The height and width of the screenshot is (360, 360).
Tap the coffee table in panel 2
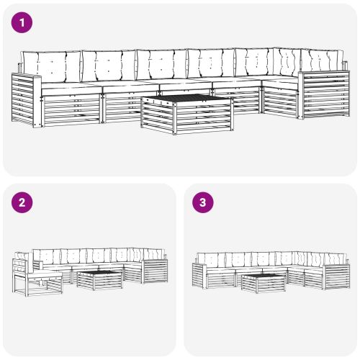(99, 279)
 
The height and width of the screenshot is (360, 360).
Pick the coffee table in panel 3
(262, 282)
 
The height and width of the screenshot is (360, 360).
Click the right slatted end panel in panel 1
(321, 98)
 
